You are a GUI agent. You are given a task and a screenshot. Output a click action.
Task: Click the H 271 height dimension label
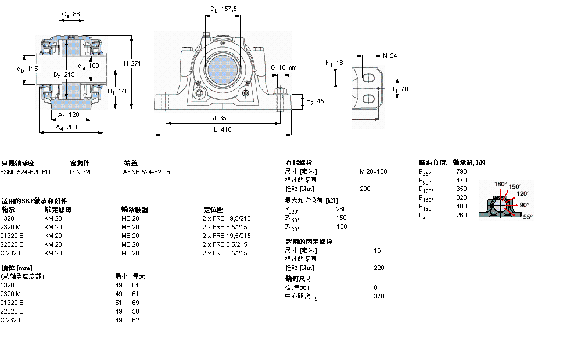131,63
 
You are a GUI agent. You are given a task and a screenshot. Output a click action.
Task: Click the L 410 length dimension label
222,129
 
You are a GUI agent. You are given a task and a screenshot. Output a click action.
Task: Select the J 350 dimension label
221,118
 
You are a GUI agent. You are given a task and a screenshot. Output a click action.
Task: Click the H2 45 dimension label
315,101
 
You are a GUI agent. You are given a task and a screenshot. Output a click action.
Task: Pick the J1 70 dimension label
400,89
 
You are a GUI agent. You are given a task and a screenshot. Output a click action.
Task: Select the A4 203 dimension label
66,127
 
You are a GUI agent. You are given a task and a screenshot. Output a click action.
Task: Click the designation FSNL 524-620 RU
26,172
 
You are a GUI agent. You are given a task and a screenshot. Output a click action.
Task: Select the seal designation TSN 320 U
84,172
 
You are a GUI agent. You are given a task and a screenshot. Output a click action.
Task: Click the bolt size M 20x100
374,171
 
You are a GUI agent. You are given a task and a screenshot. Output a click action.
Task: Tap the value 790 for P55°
461,171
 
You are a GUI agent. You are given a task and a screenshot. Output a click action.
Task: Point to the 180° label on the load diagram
500,184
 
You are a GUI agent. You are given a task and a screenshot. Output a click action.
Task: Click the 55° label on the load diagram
528,217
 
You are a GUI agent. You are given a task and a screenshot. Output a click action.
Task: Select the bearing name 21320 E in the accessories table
12,236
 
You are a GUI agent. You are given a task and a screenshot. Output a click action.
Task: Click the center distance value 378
379,296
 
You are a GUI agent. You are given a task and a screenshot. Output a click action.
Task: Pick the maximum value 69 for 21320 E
137,303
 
